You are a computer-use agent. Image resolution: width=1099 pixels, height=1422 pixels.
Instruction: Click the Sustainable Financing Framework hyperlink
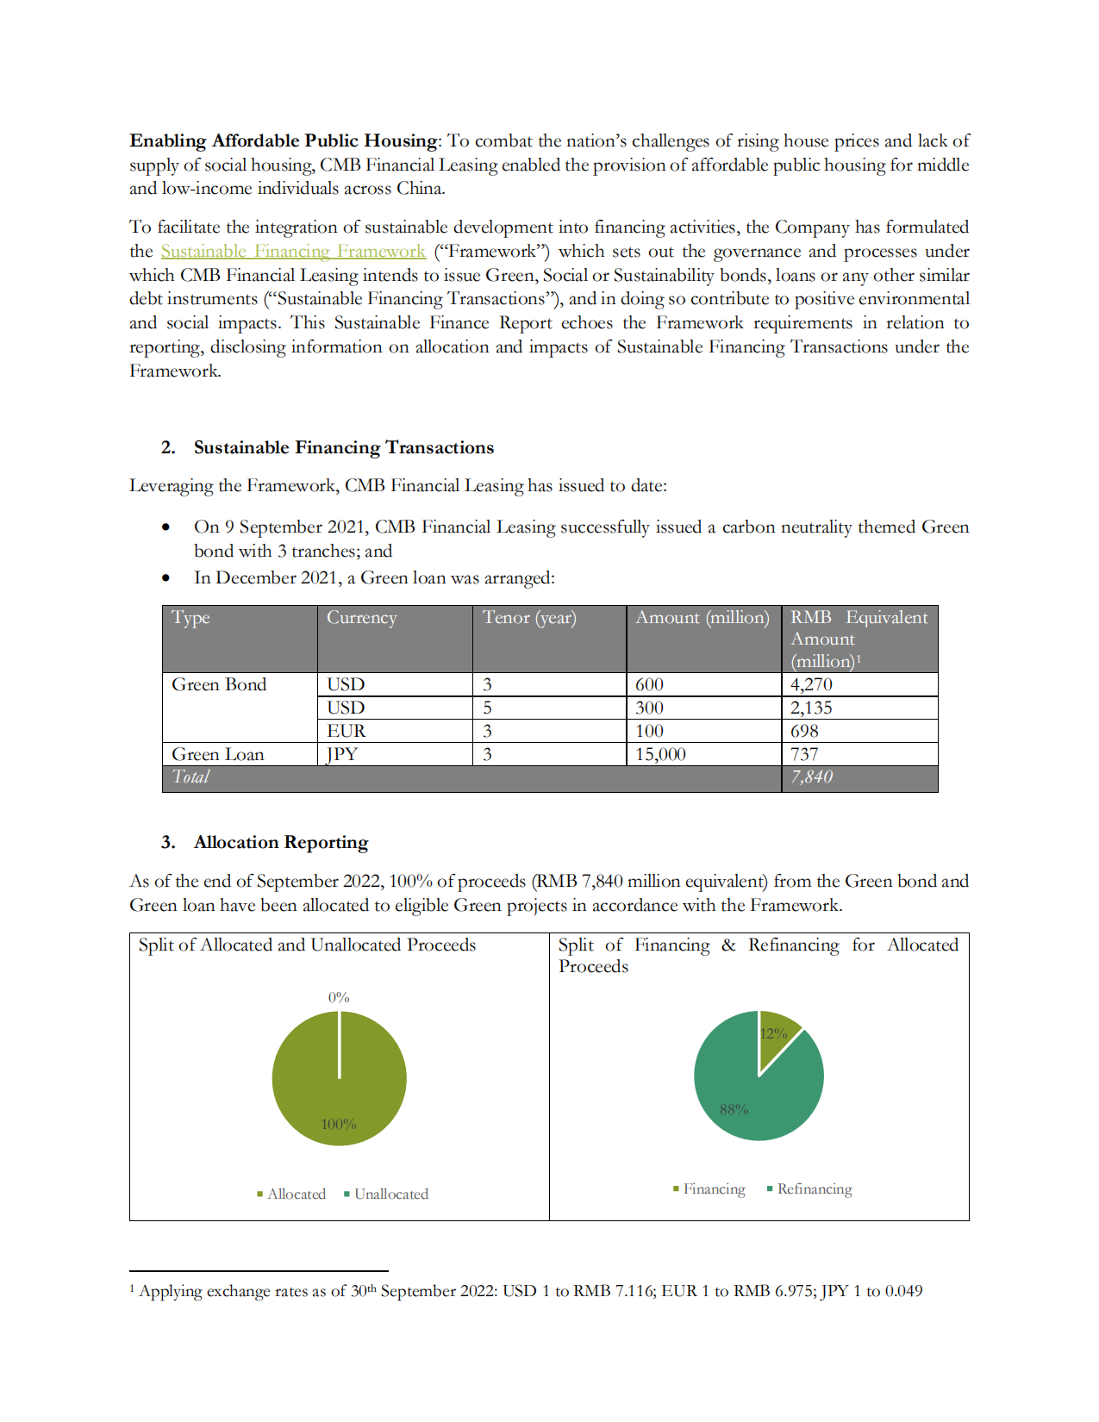pos(293,251)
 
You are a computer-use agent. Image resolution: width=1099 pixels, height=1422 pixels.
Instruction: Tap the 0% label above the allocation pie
pos(339,997)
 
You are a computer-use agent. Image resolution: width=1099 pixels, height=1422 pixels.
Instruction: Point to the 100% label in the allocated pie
pos(339,1124)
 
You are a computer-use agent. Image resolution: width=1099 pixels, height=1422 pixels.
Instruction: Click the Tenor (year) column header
pos(529,617)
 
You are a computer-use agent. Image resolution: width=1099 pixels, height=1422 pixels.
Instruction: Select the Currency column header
pos(361,617)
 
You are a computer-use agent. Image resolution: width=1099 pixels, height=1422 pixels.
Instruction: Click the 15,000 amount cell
pos(660,754)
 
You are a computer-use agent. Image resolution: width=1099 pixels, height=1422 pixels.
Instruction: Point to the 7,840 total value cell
pos(811,776)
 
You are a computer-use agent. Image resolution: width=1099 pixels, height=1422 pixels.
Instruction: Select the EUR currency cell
pos(346,731)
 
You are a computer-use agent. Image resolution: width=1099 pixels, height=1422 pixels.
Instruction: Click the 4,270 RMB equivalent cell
pos(811,684)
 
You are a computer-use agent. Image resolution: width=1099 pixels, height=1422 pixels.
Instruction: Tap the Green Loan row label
pos(218,754)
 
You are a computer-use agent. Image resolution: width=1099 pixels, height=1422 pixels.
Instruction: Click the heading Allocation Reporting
pos(281,842)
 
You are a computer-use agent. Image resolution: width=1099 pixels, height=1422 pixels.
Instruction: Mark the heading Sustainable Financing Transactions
pos(343,447)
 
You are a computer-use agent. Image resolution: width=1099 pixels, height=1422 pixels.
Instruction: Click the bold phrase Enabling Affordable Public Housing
pos(284,140)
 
